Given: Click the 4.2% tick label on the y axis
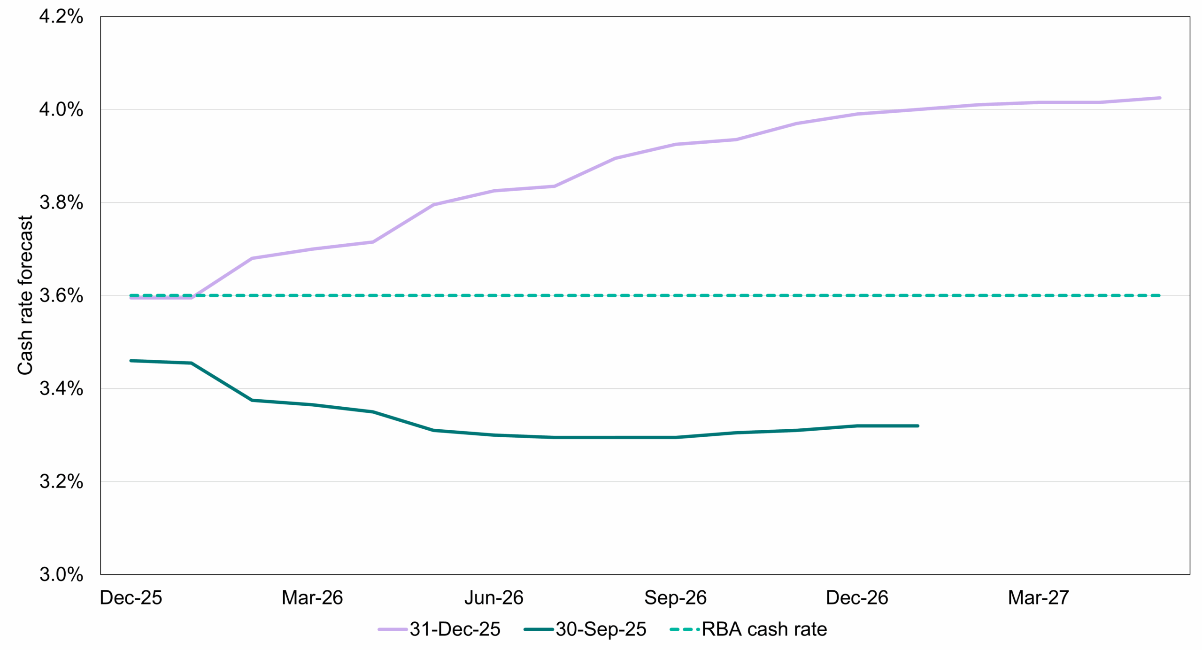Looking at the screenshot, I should click(61, 17).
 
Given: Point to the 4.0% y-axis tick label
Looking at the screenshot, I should click(61, 110).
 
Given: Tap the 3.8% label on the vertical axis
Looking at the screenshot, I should click(61, 203).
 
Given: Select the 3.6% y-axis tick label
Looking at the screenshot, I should click(61, 296).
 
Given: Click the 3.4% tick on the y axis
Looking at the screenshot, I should click(61, 389).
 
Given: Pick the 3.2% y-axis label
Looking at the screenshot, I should click(61, 482).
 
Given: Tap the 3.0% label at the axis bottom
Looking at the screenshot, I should click(61, 574).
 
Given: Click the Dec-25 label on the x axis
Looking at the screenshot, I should click(131, 598).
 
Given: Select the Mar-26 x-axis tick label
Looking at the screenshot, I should click(312, 598).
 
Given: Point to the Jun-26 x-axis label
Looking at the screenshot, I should click(494, 598).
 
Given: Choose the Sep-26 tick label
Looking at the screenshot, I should click(675, 598).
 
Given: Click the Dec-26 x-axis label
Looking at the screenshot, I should click(857, 598).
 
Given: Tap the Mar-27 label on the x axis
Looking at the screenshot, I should click(1038, 598).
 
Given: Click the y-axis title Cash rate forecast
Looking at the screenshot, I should click(25, 295).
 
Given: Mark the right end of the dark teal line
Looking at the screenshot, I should click(918, 426).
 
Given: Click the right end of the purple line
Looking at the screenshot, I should click(1160, 98).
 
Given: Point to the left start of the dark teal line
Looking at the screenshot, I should click(131, 361).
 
